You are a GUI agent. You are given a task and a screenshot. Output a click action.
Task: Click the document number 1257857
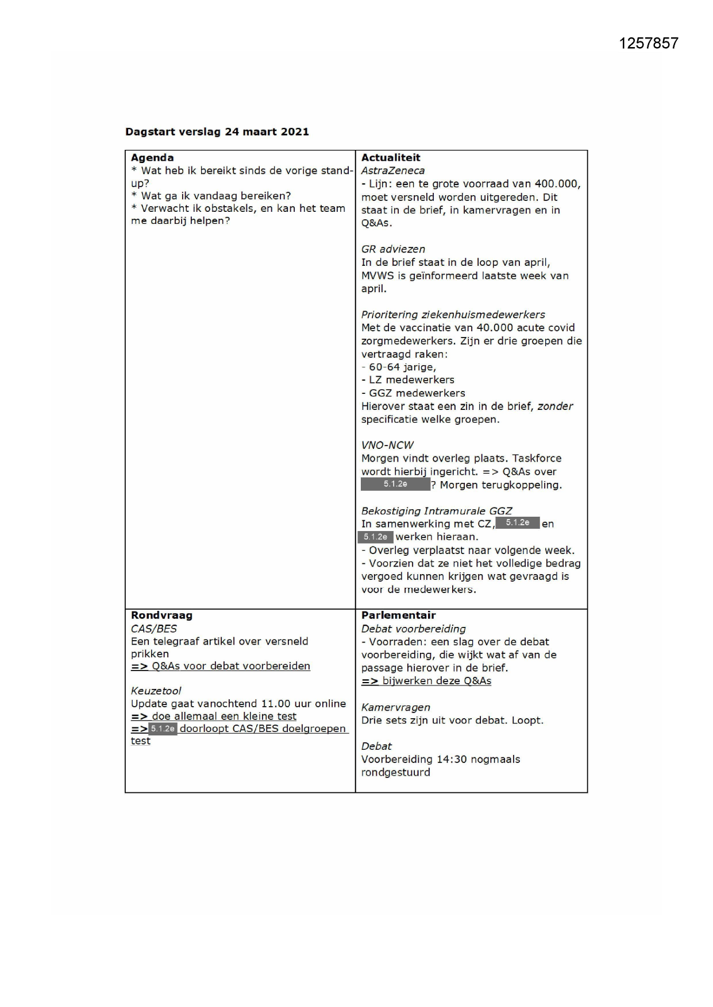click(x=648, y=44)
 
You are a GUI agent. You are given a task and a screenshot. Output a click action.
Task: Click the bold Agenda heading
click(x=152, y=158)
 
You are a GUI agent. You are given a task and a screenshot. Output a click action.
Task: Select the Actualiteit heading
click(x=391, y=158)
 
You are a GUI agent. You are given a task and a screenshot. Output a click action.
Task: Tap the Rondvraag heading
click(x=161, y=615)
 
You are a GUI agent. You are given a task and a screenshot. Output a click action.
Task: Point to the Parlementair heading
click(x=398, y=615)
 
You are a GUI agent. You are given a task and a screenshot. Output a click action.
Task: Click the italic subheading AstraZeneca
click(x=393, y=171)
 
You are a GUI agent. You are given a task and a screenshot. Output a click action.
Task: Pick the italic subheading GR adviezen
click(x=393, y=249)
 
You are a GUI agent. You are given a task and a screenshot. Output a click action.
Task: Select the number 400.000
click(x=557, y=184)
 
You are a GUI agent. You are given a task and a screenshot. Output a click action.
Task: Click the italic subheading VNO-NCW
click(x=387, y=446)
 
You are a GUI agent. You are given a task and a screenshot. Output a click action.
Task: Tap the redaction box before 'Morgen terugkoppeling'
click(x=395, y=485)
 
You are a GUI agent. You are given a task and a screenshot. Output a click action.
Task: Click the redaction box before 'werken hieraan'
click(x=376, y=537)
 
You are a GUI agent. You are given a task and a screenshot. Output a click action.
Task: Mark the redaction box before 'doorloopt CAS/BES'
click(x=163, y=729)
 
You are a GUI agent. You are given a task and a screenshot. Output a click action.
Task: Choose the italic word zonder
click(x=555, y=406)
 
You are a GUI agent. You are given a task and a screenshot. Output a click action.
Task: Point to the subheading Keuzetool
click(x=156, y=691)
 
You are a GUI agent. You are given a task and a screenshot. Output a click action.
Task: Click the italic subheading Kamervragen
click(x=396, y=708)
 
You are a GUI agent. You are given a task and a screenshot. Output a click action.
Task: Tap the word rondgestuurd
click(x=396, y=773)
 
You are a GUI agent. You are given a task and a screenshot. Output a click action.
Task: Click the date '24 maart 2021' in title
click(x=267, y=132)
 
